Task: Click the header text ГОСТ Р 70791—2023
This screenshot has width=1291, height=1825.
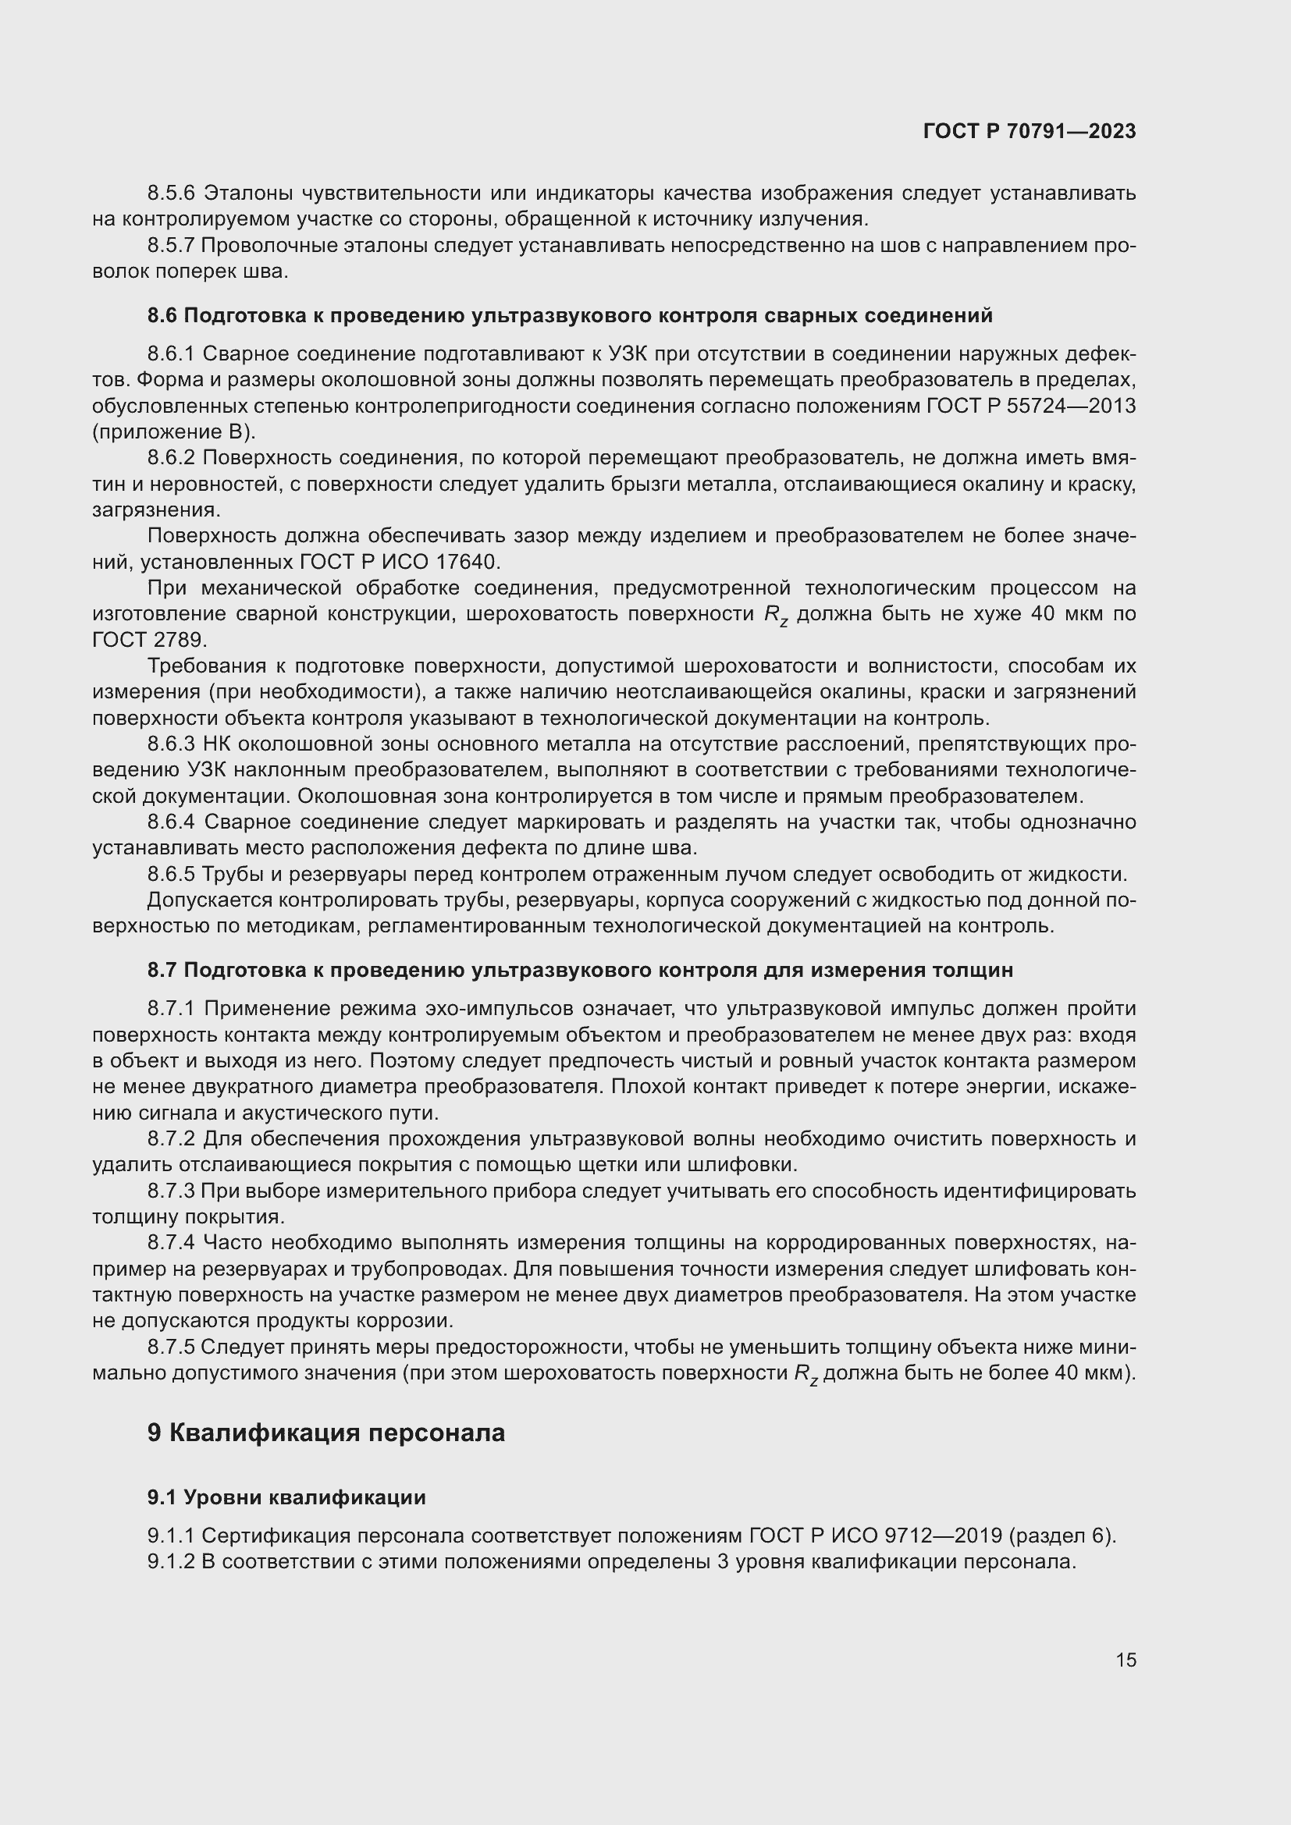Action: click(1030, 132)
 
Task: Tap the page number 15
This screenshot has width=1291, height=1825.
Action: click(1126, 1660)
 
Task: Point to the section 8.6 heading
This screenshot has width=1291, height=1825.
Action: click(570, 315)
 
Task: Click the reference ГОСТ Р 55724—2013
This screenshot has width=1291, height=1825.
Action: click(1031, 407)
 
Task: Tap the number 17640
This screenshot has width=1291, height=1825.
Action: click(468, 562)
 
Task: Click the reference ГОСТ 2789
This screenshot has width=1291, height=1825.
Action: click(149, 640)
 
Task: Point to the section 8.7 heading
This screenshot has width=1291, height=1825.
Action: click(580, 970)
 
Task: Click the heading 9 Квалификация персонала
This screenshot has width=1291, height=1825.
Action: click(326, 1433)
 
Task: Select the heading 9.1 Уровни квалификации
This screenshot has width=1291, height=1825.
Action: click(286, 1497)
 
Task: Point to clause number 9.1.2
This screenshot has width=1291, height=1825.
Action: click(171, 1562)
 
